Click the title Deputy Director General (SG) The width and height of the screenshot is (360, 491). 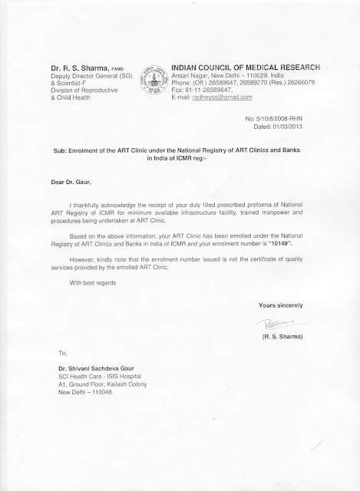pyautogui.click(x=77, y=77)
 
